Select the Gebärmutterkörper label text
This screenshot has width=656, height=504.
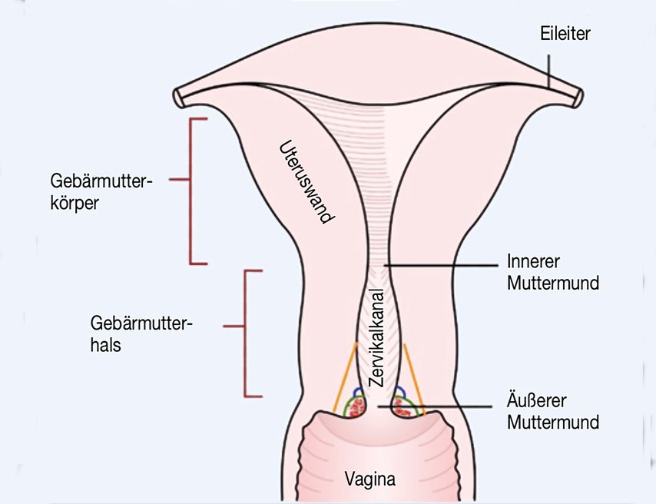[101, 195]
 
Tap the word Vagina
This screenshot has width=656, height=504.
[370, 481]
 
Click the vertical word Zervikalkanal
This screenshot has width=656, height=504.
[376, 338]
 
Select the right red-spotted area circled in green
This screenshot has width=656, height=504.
[403, 407]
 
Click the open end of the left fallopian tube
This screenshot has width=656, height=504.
[178, 96]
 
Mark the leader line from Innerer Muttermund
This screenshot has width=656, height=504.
[446, 265]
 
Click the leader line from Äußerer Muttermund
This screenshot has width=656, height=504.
[453, 405]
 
